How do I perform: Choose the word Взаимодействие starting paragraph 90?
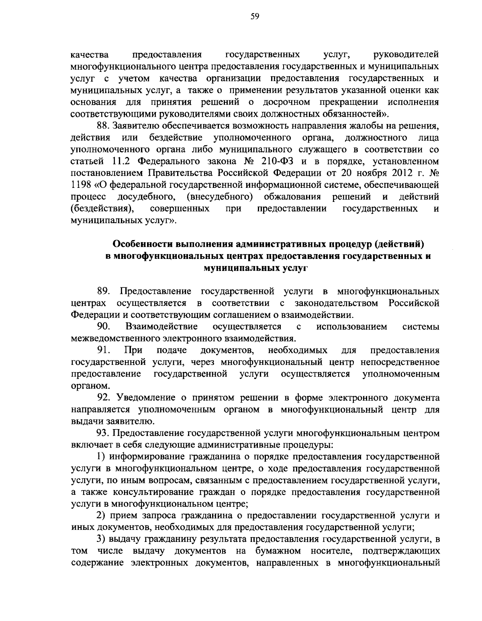pyautogui.click(x=162, y=326)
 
